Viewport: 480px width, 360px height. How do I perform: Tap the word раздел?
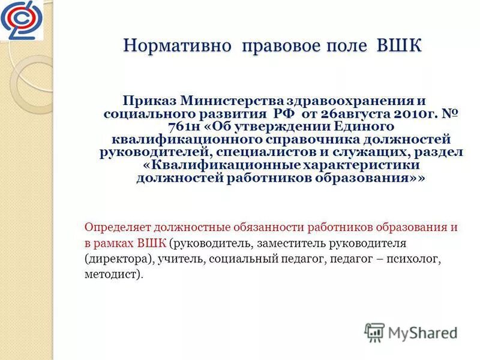pyautogui.click(x=440, y=152)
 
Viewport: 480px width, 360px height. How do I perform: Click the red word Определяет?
pyautogui.click(x=117, y=228)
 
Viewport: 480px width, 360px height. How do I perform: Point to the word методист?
pyautogui.click(x=112, y=275)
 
